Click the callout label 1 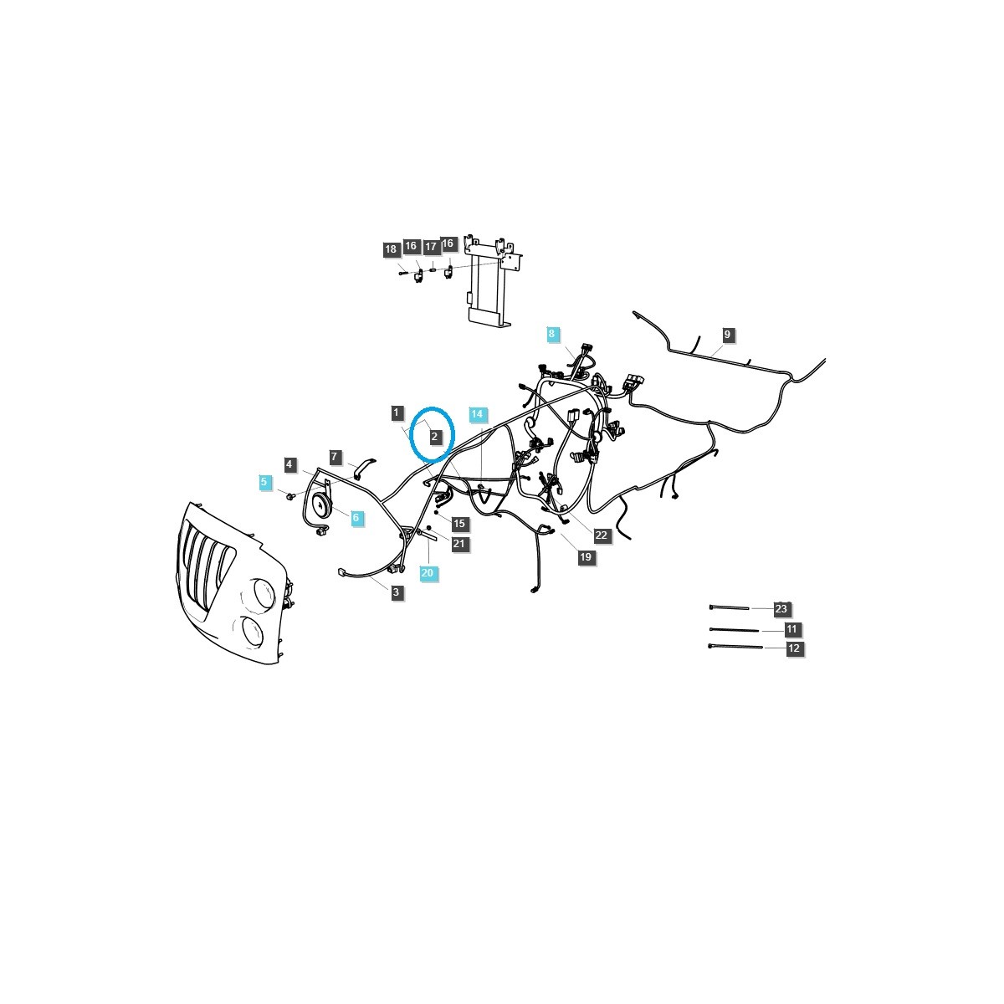click(397, 412)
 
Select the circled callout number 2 click(434, 437)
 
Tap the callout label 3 click(397, 592)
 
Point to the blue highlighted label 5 click(264, 482)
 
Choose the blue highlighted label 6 click(356, 518)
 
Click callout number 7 click(335, 457)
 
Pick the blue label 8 click(551, 334)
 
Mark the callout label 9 click(727, 335)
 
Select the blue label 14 click(477, 414)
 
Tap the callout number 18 click(391, 249)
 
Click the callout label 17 click(430, 247)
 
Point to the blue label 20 click(428, 573)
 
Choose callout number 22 click(602, 535)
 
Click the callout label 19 click(586, 557)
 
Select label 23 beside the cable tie click(781, 608)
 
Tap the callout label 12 click(794, 648)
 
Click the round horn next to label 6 click(319, 505)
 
